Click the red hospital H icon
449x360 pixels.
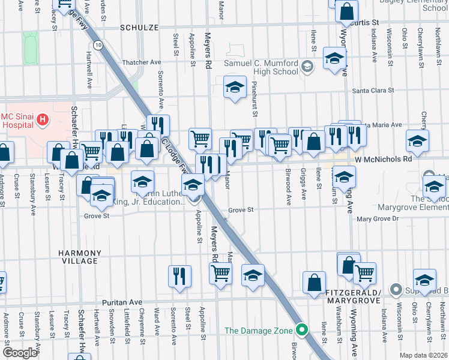[x=42, y=119]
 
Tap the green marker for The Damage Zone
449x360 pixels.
[x=302, y=330]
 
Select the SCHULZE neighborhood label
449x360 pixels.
[x=139, y=28]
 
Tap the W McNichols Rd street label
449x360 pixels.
[x=383, y=160]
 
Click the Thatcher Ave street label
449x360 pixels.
[x=142, y=62]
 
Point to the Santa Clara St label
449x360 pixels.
[x=372, y=91]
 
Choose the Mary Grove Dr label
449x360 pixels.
[x=378, y=219]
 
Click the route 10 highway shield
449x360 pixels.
[x=97, y=45]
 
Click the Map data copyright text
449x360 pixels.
[x=423, y=355]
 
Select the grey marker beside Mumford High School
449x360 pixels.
[x=308, y=66]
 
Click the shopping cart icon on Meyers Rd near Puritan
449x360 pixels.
[x=221, y=274]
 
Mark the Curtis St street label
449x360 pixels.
[x=367, y=22]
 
